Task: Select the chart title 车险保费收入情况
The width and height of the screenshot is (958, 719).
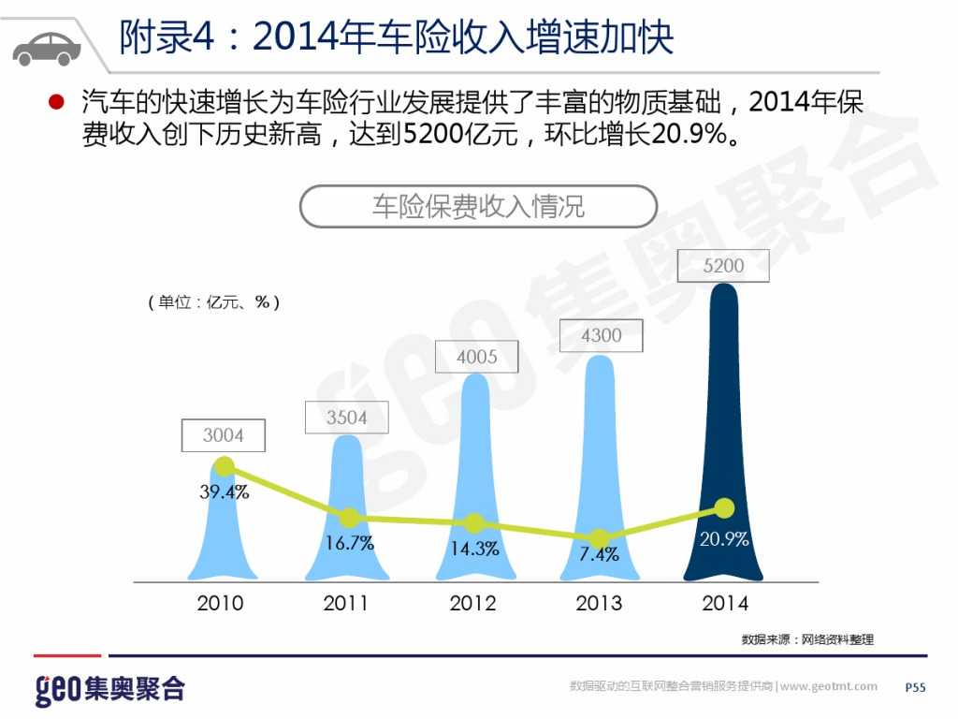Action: (x=478, y=206)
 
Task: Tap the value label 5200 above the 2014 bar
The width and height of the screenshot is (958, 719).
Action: (x=723, y=266)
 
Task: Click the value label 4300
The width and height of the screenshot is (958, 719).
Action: (x=601, y=335)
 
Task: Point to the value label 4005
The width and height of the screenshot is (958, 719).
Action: (x=477, y=357)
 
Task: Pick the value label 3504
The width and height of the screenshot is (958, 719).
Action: (x=347, y=418)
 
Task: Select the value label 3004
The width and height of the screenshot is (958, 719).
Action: (x=224, y=435)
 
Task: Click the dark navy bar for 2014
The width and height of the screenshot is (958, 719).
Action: (x=723, y=440)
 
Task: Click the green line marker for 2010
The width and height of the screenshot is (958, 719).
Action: (x=224, y=465)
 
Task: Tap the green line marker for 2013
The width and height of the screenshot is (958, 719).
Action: (x=600, y=537)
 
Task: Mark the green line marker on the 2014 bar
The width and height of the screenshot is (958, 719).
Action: (x=723, y=507)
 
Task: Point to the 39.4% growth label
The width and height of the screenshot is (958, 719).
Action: (x=225, y=492)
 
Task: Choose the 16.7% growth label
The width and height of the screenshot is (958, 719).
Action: (x=349, y=543)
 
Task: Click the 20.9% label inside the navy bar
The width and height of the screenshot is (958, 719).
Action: (x=724, y=539)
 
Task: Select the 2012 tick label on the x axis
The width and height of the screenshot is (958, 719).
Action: (x=472, y=604)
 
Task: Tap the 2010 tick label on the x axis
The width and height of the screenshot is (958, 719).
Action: (x=220, y=604)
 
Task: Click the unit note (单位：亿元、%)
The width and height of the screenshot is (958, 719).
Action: (x=214, y=302)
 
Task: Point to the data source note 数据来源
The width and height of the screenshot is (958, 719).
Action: (x=807, y=639)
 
